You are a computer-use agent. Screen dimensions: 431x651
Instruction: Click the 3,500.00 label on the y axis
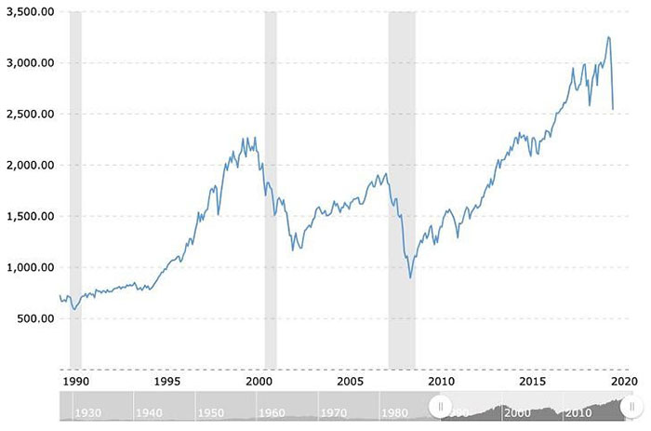click(x=29, y=12)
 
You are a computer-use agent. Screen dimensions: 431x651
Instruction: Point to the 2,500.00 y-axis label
click(x=29, y=114)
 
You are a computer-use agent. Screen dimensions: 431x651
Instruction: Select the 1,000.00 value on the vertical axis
click(x=29, y=267)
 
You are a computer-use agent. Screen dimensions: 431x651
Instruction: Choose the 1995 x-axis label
click(x=167, y=380)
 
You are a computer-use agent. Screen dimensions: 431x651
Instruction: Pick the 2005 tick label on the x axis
click(x=350, y=380)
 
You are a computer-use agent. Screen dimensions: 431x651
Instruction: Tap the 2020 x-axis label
click(x=622, y=380)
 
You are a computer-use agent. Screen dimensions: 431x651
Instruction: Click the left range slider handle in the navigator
click(x=440, y=407)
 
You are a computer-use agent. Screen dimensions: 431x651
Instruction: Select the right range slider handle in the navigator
click(x=631, y=407)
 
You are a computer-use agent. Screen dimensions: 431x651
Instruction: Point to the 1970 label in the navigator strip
click(x=334, y=412)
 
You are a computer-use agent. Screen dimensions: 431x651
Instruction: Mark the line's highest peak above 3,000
click(x=608, y=37)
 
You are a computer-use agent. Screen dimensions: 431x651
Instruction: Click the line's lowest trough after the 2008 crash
click(x=411, y=278)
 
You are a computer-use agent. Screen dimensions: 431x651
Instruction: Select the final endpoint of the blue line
click(x=614, y=110)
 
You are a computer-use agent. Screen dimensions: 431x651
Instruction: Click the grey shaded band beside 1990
click(x=75, y=186)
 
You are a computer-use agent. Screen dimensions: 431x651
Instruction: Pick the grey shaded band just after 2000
click(x=271, y=186)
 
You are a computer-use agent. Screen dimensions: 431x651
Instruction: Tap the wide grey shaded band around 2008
click(x=402, y=186)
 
